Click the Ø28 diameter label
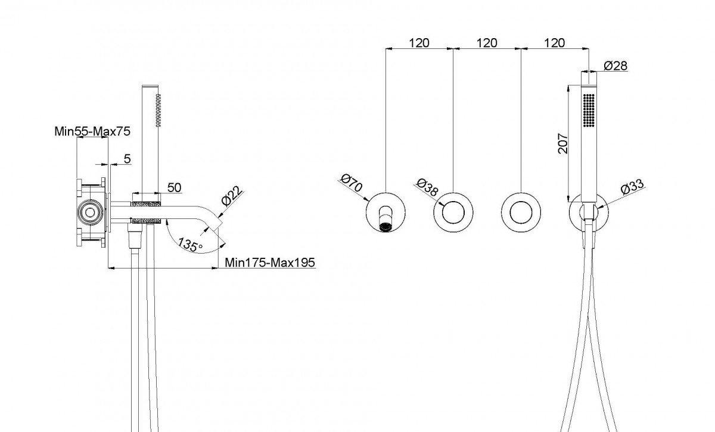615,66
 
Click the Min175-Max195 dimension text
270,262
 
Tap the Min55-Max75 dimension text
92,131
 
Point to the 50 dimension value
174,187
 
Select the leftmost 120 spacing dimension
419,43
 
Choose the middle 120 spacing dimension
487,43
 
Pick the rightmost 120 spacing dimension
555,43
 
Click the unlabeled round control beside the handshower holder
521,212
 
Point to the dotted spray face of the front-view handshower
589,109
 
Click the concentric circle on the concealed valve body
90,211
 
